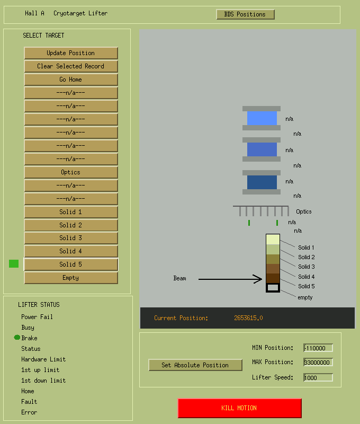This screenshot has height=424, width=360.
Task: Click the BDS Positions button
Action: [246, 14]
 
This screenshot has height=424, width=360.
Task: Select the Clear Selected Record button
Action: [71, 66]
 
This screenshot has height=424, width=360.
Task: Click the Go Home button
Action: [71, 79]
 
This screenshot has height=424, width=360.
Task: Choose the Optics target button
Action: [71, 172]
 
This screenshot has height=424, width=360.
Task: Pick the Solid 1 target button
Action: [71, 212]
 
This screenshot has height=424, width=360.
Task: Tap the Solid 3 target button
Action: [71, 238]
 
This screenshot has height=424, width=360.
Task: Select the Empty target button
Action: [71, 278]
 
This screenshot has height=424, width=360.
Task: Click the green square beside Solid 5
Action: [14, 263]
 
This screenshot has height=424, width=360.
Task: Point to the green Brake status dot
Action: [17, 338]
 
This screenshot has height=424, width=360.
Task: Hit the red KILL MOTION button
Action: [239, 408]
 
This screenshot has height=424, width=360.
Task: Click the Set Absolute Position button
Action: [195, 365]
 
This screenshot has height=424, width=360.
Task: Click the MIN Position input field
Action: [318, 348]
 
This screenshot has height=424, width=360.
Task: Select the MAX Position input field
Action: [318, 363]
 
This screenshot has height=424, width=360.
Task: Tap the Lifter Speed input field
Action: [318, 378]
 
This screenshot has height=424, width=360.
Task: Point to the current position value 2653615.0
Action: [248, 318]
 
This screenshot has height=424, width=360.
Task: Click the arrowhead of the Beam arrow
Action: [262, 279]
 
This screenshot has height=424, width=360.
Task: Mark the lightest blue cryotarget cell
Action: [262, 118]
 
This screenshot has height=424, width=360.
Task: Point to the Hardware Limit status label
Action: [43, 359]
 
